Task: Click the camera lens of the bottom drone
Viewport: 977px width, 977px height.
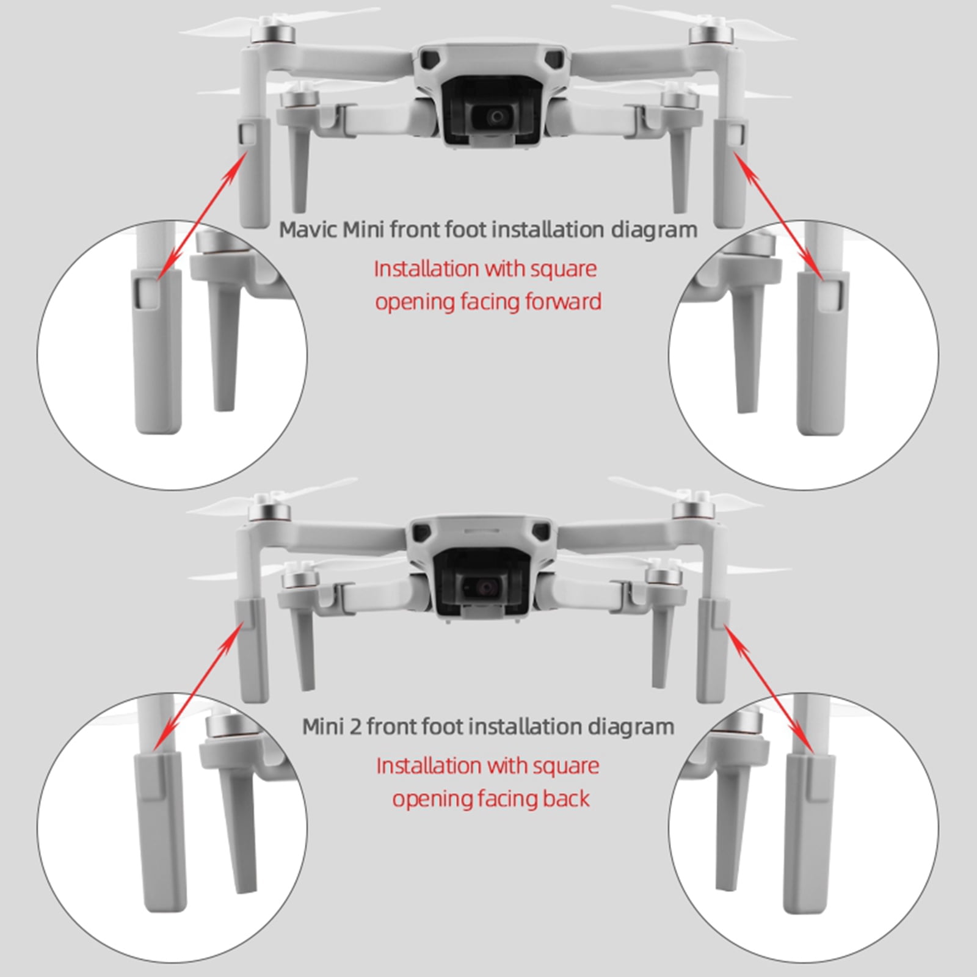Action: [487, 587]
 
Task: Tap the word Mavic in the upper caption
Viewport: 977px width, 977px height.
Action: [308, 230]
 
